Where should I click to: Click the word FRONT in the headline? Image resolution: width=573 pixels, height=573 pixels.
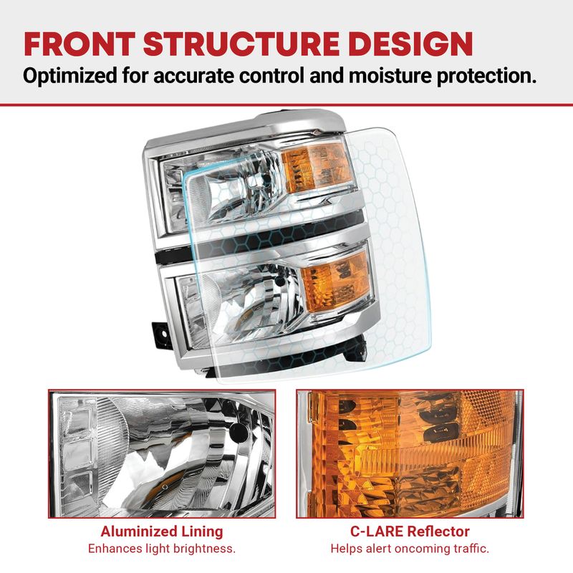click(80, 44)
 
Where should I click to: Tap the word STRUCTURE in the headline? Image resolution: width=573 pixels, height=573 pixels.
click(241, 44)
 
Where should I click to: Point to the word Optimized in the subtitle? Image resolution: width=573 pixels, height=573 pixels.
click(69, 77)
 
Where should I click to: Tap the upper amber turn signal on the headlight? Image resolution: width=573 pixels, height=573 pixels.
click(317, 168)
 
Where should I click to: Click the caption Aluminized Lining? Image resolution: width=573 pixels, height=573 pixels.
click(162, 531)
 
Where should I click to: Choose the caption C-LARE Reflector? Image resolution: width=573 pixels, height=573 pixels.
click(410, 531)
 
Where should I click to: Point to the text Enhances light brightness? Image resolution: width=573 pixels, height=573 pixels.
click(162, 549)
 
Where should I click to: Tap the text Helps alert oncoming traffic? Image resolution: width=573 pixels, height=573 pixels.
click(410, 549)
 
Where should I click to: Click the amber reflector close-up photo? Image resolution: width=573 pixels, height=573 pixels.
click(410, 453)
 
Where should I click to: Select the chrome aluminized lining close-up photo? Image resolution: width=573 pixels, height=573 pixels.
click(162, 453)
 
